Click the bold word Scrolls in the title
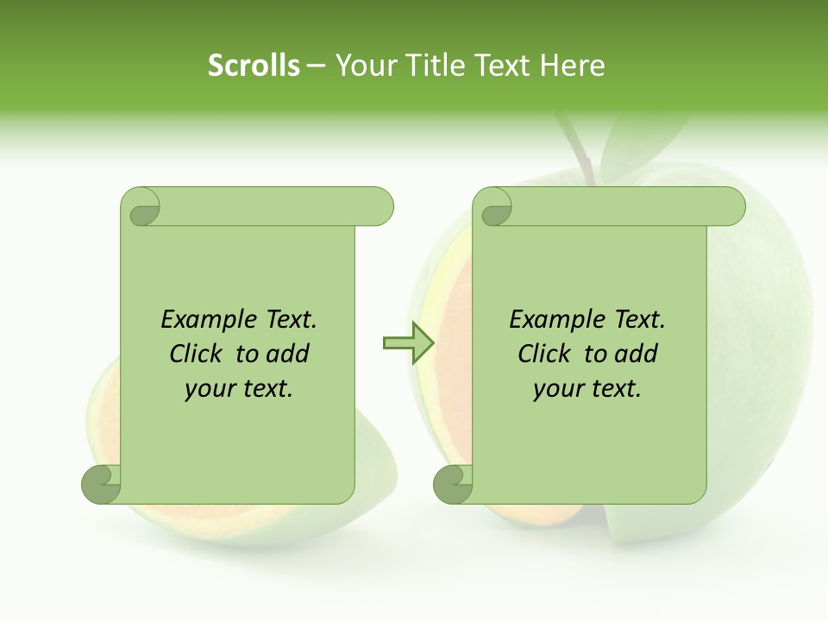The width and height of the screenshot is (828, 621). [254, 66]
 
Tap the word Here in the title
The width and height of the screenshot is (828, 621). [572, 66]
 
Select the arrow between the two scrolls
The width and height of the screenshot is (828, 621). [407, 343]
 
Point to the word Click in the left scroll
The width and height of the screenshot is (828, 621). [198, 354]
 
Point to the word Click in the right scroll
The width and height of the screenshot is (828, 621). [547, 354]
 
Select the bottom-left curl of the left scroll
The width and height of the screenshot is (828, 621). [101, 484]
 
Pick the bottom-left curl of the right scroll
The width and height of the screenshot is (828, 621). [453, 484]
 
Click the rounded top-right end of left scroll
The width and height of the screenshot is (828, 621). [380, 207]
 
